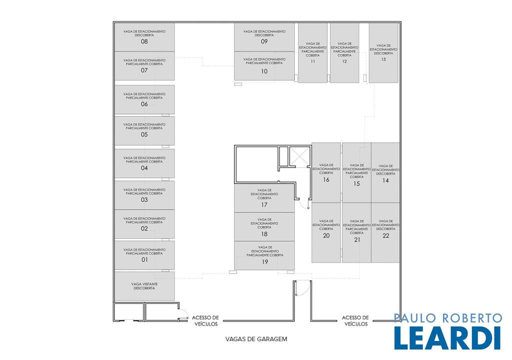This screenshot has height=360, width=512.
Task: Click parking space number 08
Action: click(x=144, y=37)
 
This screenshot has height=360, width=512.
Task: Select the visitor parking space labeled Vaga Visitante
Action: click(x=144, y=286)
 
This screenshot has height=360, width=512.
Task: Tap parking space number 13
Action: click(x=383, y=52)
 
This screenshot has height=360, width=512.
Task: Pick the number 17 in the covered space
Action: click(x=264, y=205)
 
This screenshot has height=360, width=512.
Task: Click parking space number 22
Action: click(x=385, y=232)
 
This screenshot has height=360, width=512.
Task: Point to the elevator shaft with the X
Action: click(x=300, y=156)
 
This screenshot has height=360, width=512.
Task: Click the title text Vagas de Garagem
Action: click(x=256, y=339)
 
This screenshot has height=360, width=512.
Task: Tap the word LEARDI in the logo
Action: click(x=447, y=338)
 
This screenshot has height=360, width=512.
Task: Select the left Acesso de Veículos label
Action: click(x=205, y=320)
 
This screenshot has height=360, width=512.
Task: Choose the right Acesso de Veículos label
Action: click(x=355, y=320)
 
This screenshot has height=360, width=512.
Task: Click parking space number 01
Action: click(x=144, y=255)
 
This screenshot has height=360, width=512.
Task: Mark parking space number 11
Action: click(x=313, y=52)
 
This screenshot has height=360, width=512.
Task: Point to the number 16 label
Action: click(x=326, y=179)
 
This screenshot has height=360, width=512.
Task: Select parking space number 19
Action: click(x=264, y=256)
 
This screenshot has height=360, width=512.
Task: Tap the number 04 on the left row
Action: click(x=144, y=168)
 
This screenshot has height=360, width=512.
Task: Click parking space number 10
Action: click(x=264, y=66)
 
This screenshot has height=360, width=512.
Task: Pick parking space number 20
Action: click(x=326, y=232)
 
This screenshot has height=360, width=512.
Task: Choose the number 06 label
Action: click(x=144, y=104)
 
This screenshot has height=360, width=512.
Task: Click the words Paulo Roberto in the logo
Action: click(x=447, y=318)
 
